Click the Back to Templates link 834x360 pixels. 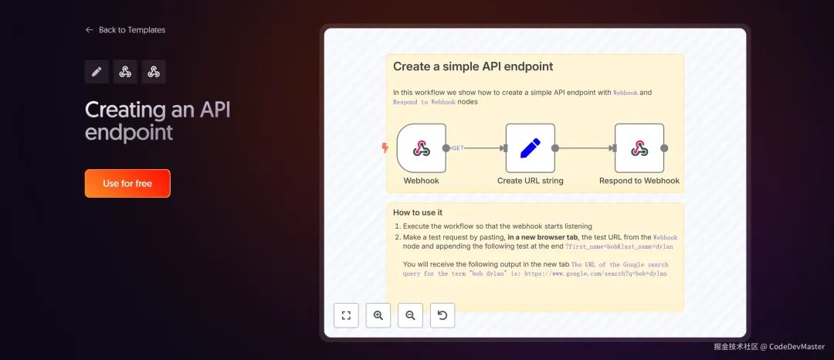coord(126,30)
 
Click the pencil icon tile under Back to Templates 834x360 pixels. coord(97,72)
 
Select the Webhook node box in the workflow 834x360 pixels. coord(422,148)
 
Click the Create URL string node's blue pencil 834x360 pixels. coord(531,148)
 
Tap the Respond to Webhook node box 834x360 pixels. coord(639,148)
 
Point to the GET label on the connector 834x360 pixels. coord(458,148)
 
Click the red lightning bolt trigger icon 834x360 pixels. coord(385,148)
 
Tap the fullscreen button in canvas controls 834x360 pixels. coord(346,315)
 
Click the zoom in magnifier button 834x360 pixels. coord(378,315)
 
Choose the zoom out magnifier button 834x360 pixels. coord(410,315)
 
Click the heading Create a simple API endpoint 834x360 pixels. coord(473,66)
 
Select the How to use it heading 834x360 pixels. coord(418,212)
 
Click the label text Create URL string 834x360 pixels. coord(531,181)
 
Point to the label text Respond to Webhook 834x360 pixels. coord(639,181)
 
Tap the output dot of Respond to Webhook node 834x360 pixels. coord(664,148)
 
